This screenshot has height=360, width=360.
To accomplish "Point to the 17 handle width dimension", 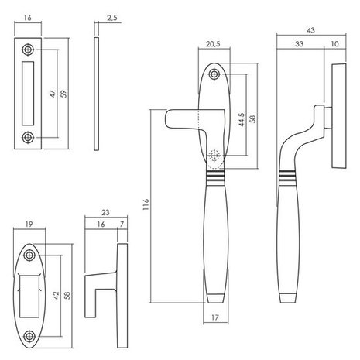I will pyautogui.click(x=214, y=317).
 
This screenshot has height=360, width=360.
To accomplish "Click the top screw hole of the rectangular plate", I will pyautogui.click(x=29, y=50).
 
